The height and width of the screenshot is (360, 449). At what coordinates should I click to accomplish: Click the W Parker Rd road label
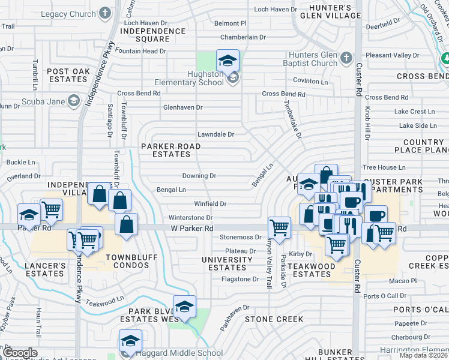(192, 229)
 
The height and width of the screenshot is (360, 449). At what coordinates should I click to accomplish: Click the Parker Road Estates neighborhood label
(171, 150)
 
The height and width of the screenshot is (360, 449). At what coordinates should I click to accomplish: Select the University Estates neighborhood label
(227, 263)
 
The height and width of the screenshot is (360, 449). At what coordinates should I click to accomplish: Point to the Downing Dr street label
(199, 176)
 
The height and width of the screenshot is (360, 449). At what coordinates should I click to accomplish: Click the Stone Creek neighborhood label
(274, 319)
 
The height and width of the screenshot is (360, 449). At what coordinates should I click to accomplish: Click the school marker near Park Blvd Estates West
(185, 307)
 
